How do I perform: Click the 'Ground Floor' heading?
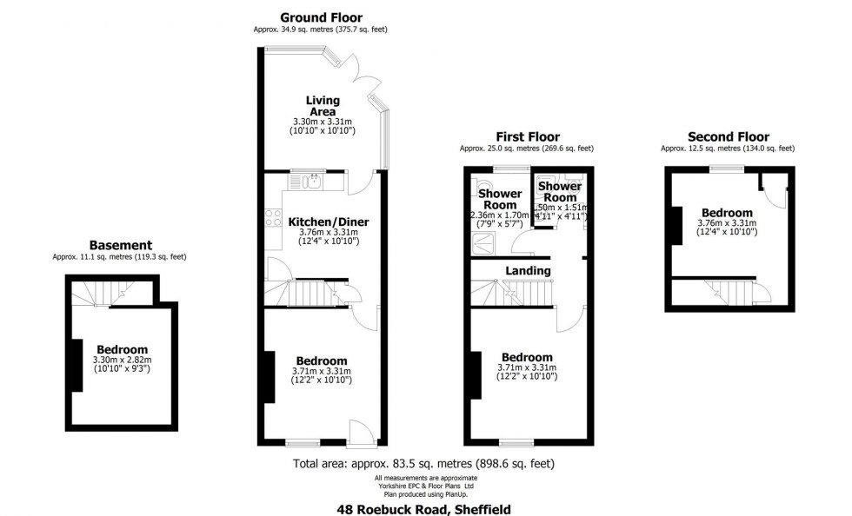[321, 17]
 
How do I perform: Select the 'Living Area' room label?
[323, 106]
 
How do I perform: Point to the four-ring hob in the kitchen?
[272, 217]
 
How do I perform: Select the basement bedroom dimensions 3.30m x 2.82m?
[122, 361]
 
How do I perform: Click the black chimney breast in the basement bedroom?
[77, 365]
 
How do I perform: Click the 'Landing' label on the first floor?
[528, 271]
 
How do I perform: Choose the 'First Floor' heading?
[527, 136]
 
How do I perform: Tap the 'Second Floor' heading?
[728, 136]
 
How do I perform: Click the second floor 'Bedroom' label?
[727, 213]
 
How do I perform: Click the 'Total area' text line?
[424, 463]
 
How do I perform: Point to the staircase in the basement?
[90, 294]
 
